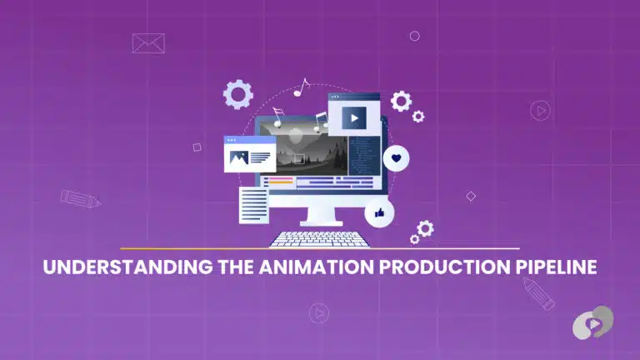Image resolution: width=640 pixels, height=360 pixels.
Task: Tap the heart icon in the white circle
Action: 397,157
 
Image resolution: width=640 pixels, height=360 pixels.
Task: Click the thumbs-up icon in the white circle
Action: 379,213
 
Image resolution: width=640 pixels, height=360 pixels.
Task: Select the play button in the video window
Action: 354,118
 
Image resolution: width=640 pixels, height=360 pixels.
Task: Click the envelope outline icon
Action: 148,43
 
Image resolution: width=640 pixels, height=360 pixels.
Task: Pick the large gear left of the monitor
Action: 238,94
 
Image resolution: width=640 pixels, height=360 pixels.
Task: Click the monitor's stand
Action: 319,215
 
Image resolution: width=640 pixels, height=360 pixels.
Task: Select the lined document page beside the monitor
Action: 254,204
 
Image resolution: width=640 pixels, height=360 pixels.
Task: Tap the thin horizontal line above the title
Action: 319,248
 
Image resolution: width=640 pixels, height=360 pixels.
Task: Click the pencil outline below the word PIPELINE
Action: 539,294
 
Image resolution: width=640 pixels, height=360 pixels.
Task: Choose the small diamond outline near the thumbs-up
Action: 471,196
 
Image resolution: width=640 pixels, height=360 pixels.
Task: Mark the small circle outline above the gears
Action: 414,36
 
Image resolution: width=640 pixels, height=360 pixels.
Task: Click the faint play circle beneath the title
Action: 317,312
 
